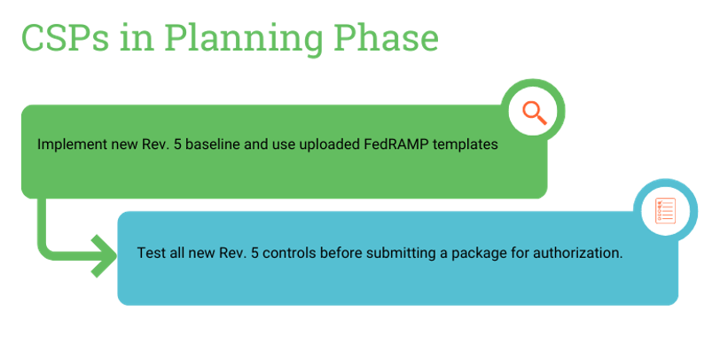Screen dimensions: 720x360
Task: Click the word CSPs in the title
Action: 66,37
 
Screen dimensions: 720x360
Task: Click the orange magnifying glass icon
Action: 535,113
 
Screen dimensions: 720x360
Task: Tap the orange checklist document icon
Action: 665,211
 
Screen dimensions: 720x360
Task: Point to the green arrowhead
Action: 105,256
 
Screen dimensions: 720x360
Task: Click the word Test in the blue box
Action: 151,253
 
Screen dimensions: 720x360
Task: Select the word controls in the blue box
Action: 290,253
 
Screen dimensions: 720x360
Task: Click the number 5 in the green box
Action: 177,145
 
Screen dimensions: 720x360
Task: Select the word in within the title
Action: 135,37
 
